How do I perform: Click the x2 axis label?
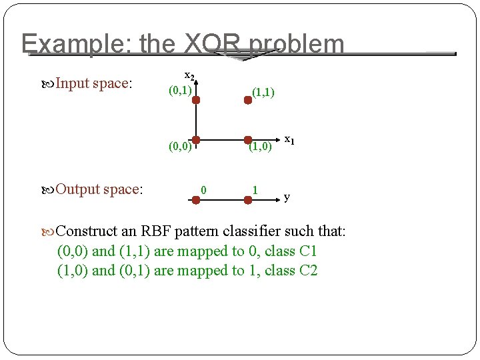(189, 75)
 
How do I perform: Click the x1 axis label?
(289, 140)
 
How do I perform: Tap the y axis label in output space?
(287, 197)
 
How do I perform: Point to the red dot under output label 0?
(196, 199)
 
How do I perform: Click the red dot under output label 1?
(248, 199)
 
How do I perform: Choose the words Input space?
(93, 83)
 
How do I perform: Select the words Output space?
(98, 189)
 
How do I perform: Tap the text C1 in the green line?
(309, 251)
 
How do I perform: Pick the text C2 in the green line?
(309, 271)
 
